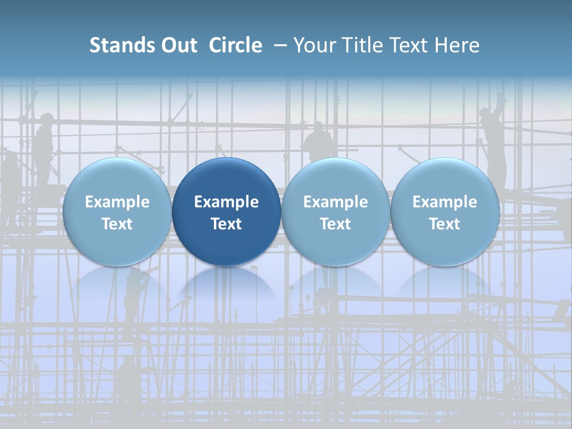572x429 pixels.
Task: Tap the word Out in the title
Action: click(178, 45)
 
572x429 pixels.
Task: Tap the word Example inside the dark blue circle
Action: click(226, 202)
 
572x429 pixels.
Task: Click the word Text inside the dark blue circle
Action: click(226, 224)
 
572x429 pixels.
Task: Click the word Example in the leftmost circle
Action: click(117, 202)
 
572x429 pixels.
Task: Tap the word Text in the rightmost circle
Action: click(444, 224)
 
